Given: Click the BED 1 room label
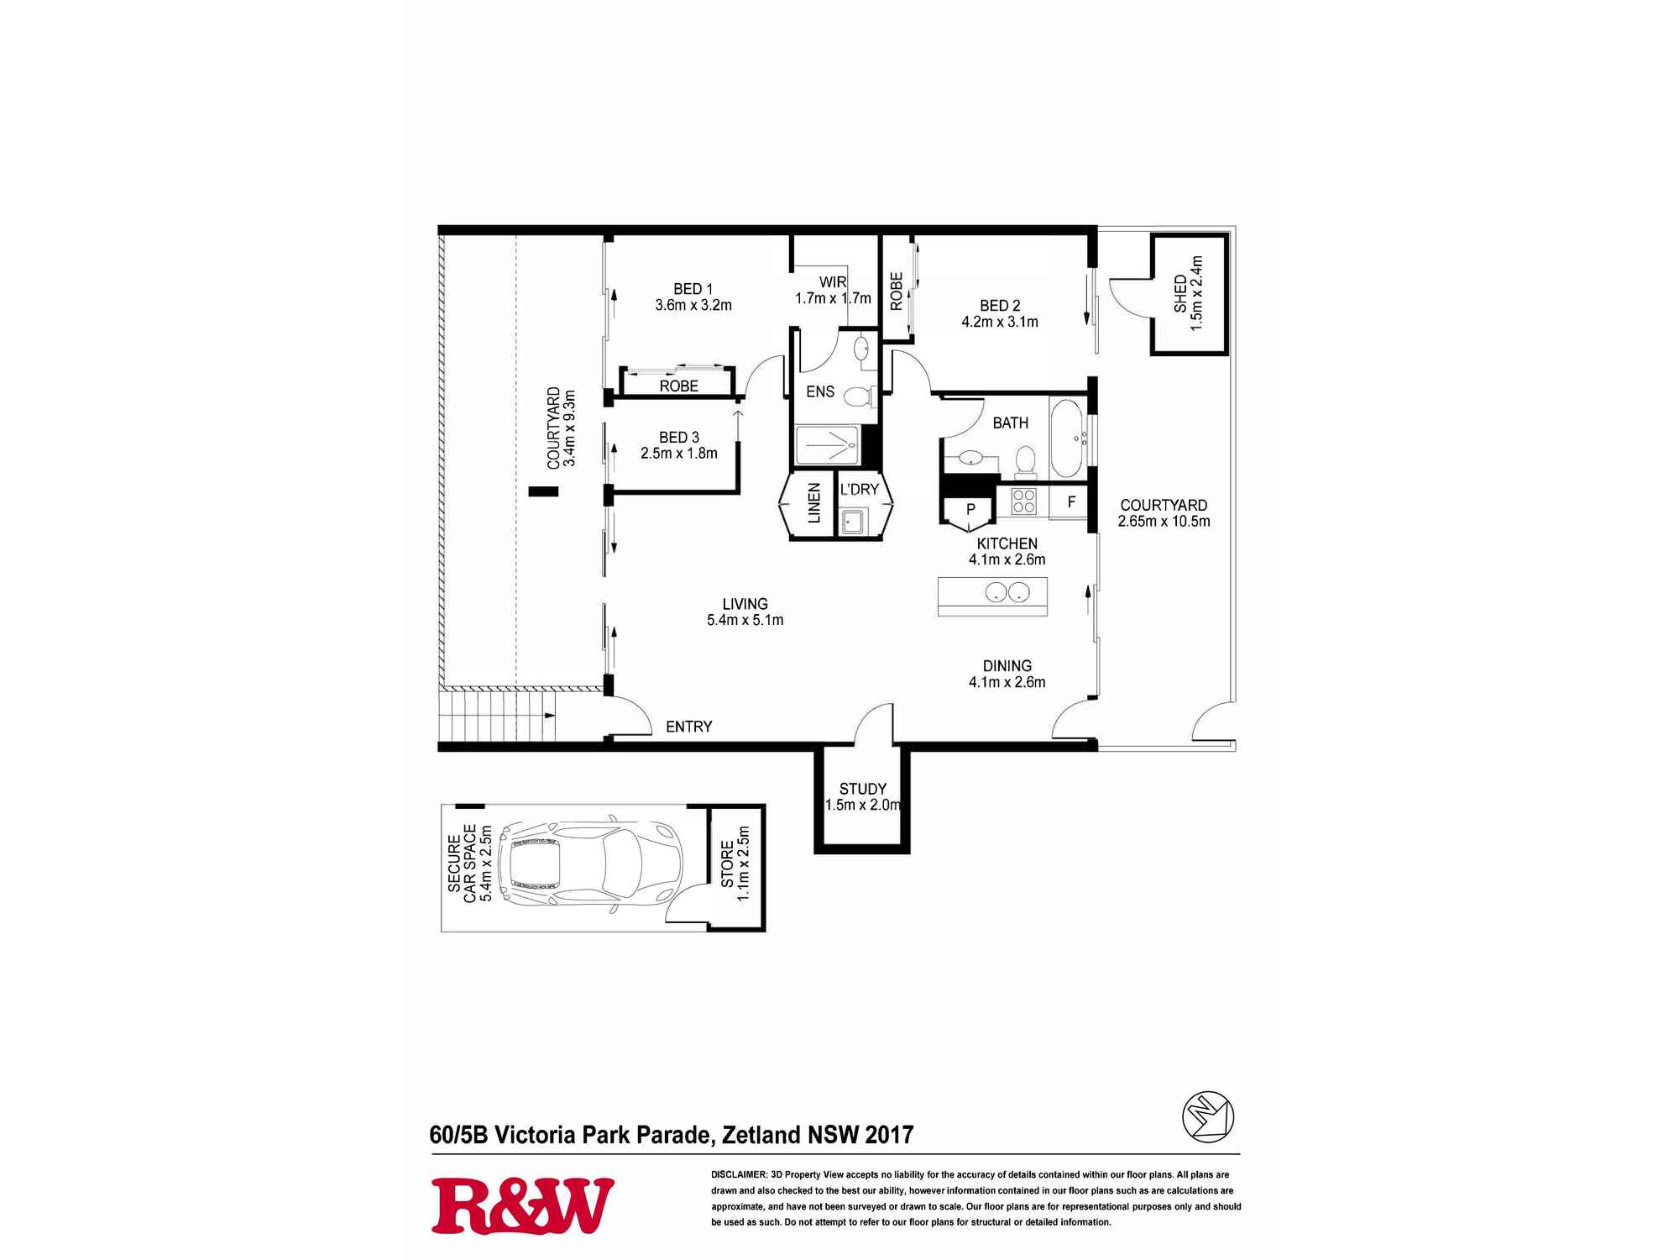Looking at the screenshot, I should tap(693, 289).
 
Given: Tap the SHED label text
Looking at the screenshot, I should tap(1180, 293).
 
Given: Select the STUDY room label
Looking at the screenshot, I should tap(862, 789).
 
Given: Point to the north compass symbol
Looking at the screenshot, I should tap(1208, 1116).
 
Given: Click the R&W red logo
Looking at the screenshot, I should tap(522, 1205).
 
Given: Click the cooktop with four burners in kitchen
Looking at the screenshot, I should tap(1023, 501).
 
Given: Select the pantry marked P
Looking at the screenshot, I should tap(970, 509).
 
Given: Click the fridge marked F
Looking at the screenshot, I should tap(1071, 502).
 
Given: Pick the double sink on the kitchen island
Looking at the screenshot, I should tap(1005, 592).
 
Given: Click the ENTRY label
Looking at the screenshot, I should tap(688, 727).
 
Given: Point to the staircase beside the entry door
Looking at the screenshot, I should tap(497, 715).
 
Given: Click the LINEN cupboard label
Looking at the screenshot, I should tap(813, 503).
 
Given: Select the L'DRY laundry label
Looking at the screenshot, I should tap(859, 489).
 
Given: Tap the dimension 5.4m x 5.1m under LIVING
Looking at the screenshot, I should tap(745, 621).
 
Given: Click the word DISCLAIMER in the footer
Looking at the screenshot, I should tap(739, 1175).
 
